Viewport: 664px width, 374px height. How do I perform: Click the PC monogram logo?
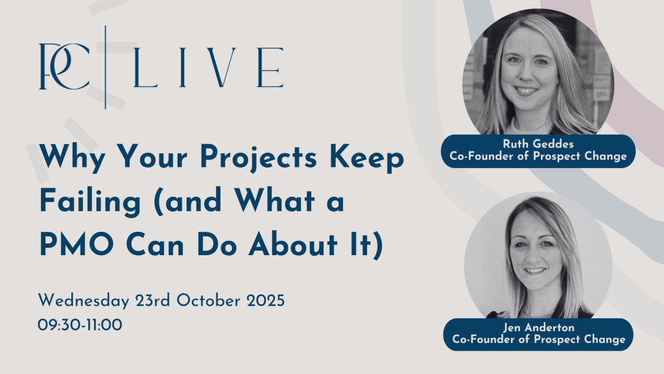[64, 66]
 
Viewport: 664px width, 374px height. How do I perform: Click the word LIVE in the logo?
[208, 68]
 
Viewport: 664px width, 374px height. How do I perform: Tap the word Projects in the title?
[258, 158]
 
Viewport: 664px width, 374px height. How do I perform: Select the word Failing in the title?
[90, 201]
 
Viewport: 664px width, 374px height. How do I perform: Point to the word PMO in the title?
[77, 245]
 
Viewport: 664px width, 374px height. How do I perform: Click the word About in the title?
[293, 245]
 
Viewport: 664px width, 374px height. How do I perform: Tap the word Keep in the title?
[367, 158]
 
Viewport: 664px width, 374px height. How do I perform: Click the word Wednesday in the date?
[84, 301]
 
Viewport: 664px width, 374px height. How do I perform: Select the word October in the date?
[208, 300]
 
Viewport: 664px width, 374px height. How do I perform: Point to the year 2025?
[265, 301]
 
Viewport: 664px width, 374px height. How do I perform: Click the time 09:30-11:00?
[80, 325]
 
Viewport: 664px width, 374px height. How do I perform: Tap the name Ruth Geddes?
[538, 143]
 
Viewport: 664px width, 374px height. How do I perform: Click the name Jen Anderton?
[539, 327]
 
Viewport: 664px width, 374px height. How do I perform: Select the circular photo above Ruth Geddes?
[538, 73]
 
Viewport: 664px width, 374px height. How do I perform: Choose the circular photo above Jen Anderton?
[538, 256]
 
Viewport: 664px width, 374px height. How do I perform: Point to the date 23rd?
[153, 301]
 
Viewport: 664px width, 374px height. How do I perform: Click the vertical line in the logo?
[106, 67]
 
